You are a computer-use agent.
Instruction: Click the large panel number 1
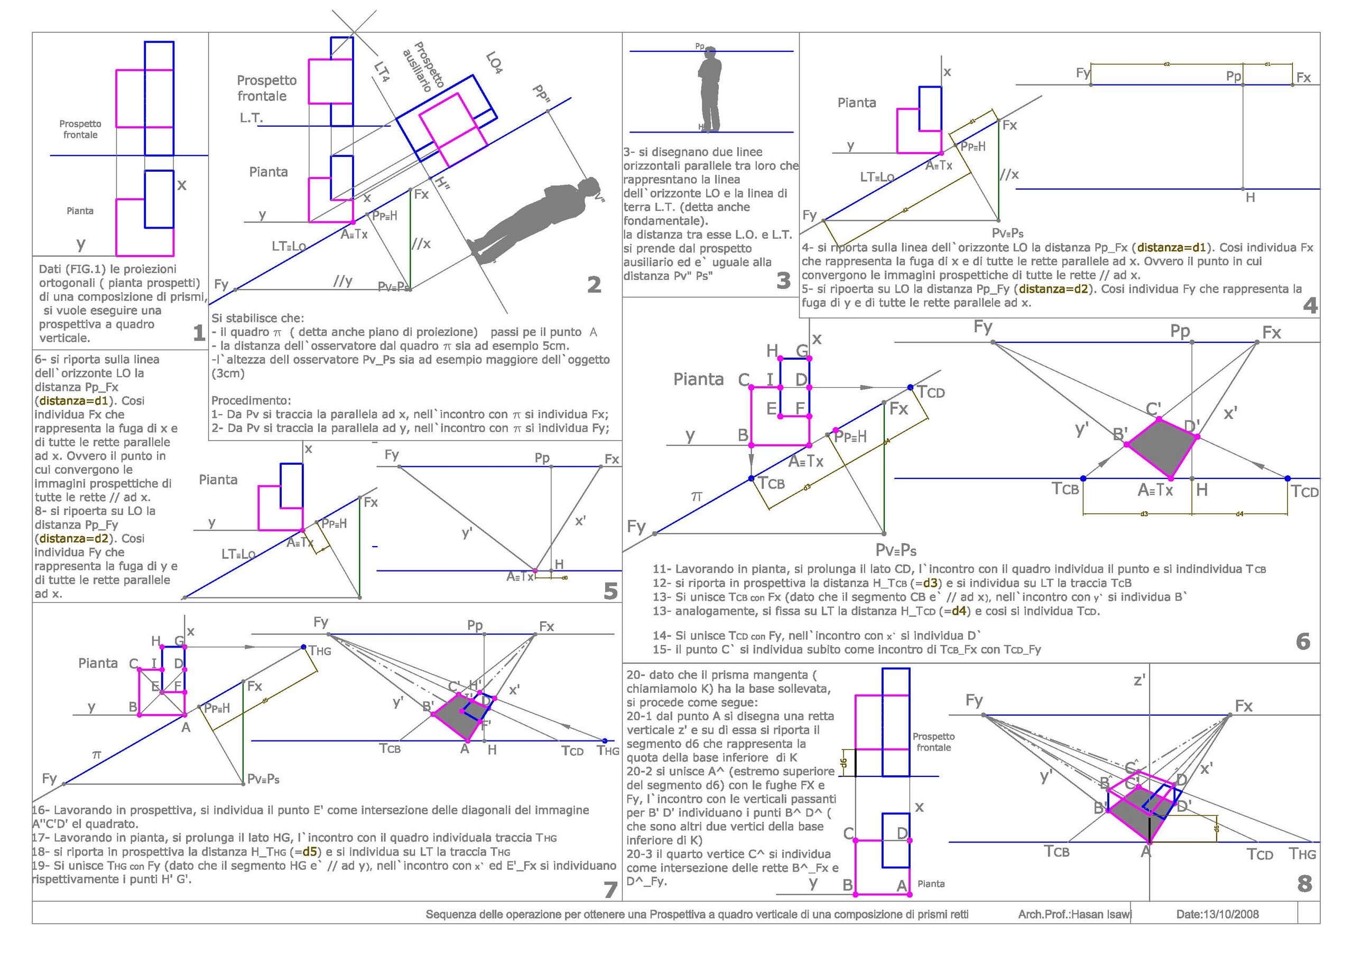[x=199, y=333]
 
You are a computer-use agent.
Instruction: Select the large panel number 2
[x=594, y=285]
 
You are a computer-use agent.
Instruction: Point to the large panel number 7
[x=610, y=890]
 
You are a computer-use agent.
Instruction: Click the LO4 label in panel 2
[x=494, y=62]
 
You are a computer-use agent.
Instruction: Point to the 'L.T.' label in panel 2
[x=251, y=118]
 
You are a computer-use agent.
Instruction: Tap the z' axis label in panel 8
[x=1139, y=680]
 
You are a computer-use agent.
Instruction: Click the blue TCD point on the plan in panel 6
[x=911, y=388]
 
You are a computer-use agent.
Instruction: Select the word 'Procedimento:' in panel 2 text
[x=251, y=400]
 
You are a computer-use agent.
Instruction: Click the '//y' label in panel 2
[x=342, y=281]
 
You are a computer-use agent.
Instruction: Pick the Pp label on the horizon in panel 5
[x=542, y=458]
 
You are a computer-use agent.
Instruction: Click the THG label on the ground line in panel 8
[x=1302, y=853]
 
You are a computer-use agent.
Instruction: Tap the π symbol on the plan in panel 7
[x=97, y=755]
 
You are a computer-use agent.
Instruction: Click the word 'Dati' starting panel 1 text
[x=50, y=269]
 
